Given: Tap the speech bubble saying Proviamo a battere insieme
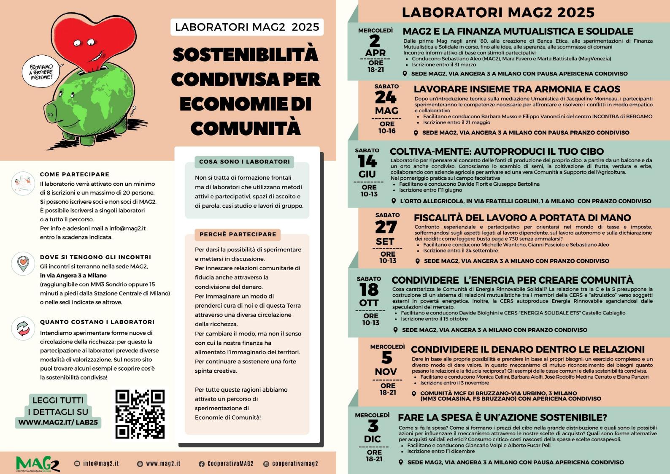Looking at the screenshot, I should pos(41,72).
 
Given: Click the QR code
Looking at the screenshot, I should pos(140,414).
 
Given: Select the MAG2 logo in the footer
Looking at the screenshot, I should pos(38,463).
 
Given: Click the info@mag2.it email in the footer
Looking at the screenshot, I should pos(97,463).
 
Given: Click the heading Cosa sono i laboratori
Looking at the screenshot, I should pos(244,162).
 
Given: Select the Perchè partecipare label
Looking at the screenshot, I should pos(238,234).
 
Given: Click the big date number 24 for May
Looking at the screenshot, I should pos(386,98).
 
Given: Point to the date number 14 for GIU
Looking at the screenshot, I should pos(367,161).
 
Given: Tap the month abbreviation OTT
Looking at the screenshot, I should pos(369,303).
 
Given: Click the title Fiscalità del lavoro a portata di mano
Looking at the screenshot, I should pos(522,218).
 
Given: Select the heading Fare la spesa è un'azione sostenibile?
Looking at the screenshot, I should pos(502,417).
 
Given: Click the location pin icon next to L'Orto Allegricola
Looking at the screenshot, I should pos(394,201).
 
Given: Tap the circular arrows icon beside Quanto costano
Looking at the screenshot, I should pos(23,330).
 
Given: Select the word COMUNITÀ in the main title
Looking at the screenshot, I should pos(246,128).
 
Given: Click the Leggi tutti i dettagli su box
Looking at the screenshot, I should pos(58,411).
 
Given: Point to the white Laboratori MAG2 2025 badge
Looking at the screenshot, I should pos(247,27).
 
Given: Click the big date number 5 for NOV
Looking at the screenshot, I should pos(386,358).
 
